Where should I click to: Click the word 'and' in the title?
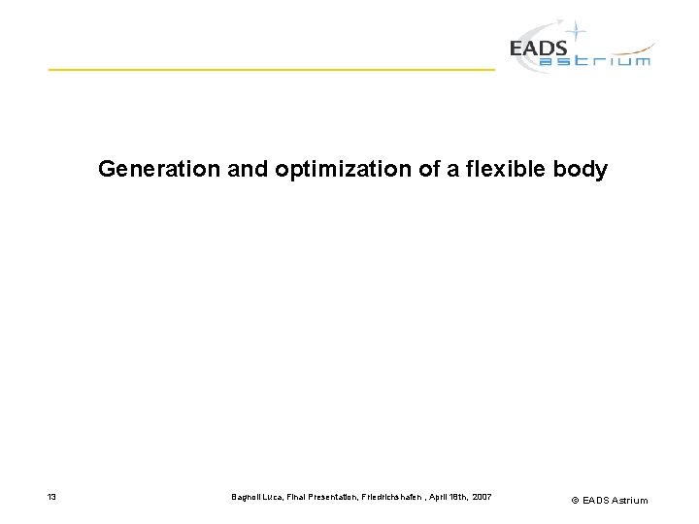[x=248, y=170]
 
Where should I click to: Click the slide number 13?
[x=51, y=498]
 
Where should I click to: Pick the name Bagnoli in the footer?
[x=245, y=498]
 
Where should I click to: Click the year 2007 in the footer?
[x=483, y=498]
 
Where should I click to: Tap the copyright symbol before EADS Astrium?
[x=575, y=501]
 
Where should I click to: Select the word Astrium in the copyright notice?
[x=629, y=501]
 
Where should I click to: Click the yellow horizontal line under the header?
[x=272, y=70]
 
